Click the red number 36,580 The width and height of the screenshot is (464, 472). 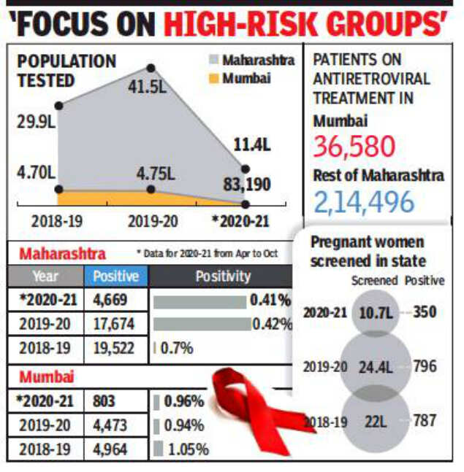point(354,146)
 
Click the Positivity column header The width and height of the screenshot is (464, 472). point(222,276)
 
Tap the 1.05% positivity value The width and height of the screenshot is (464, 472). point(186,449)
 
